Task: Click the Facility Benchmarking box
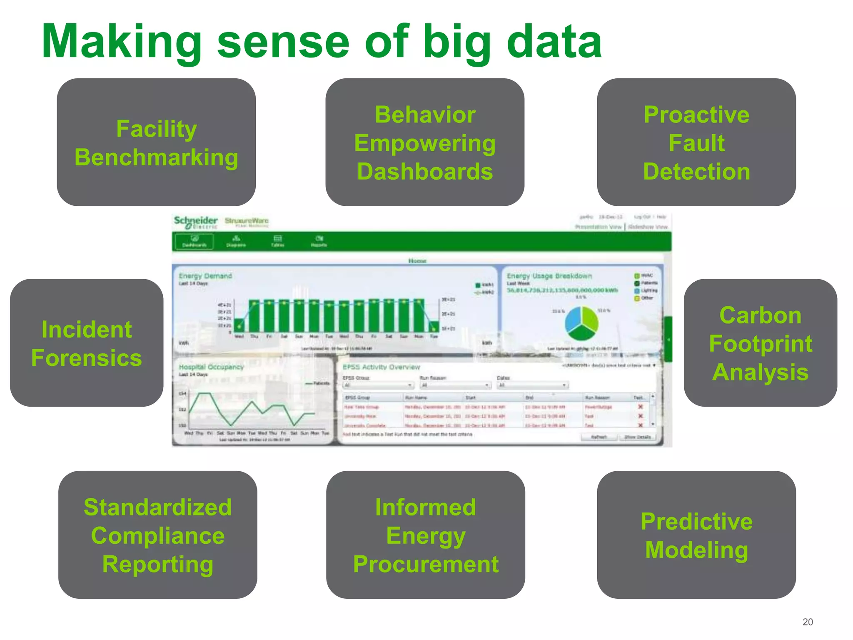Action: point(156,142)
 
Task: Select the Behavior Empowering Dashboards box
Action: point(425,142)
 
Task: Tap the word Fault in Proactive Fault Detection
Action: point(696,143)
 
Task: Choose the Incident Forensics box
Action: point(87,343)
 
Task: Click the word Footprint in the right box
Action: point(761,344)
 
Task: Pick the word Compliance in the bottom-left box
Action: point(158,535)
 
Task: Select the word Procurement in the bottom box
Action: point(426,564)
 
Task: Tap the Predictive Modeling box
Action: point(696,535)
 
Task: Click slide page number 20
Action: point(808,622)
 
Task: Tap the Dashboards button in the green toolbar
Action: point(195,241)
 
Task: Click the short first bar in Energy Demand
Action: point(239,325)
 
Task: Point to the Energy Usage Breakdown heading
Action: point(549,276)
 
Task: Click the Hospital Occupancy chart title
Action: point(211,367)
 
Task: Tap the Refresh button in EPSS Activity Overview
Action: point(599,437)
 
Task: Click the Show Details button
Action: point(638,437)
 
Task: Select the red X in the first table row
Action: point(641,407)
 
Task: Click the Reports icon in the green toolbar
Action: point(319,241)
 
